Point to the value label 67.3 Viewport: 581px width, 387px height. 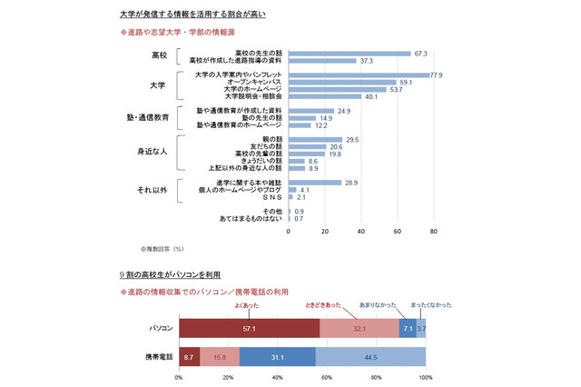click(420, 53)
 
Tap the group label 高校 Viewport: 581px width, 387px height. click(161, 56)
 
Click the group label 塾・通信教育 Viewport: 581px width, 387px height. click(149, 118)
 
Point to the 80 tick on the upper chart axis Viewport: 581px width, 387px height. click(434, 231)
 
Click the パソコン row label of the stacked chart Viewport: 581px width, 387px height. click(162, 326)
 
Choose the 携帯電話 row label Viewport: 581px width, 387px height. click(159, 357)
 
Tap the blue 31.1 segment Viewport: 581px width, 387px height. click(278, 357)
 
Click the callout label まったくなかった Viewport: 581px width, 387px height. click(424, 305)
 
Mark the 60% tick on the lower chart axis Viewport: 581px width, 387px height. click(327, 378)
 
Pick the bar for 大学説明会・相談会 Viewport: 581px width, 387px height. click(325, 96)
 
